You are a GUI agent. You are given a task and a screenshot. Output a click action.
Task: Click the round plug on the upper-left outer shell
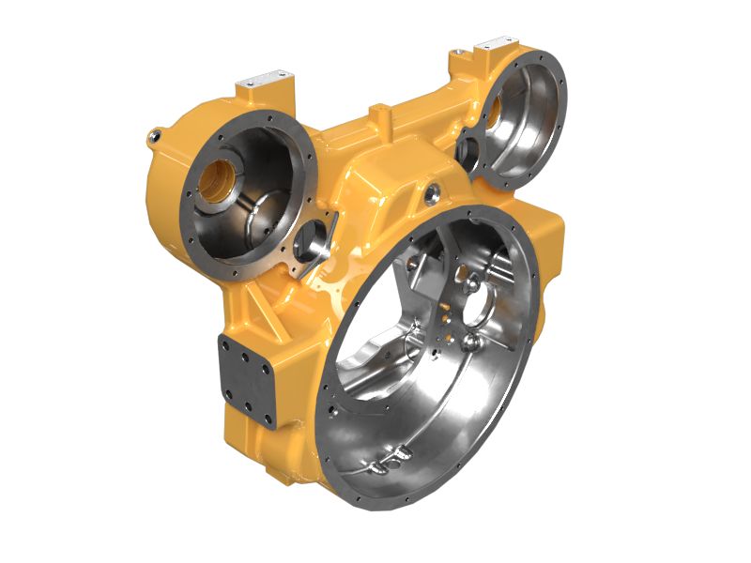point(153,139)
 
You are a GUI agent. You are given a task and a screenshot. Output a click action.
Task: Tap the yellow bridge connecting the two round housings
point(394,141)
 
